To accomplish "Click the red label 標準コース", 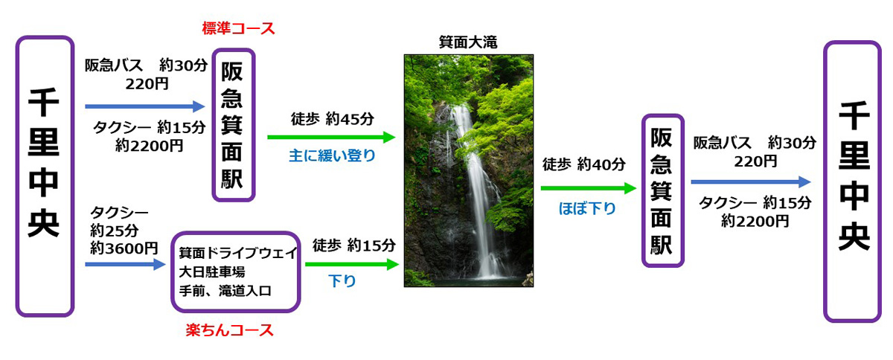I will coord(238,29).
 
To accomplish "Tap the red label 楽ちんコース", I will coord(229,330).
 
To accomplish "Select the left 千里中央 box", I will coord(45,176).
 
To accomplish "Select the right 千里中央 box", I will coord(853,181).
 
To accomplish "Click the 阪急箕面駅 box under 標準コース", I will coord(234,124).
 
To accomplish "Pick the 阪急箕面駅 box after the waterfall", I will coord(662,190).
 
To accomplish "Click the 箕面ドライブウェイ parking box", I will coord(236,271).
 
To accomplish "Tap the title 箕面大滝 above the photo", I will coord(468,43).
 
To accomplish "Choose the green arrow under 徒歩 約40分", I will coord(589,189).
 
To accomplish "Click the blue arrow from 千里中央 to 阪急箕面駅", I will coord(144,106).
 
